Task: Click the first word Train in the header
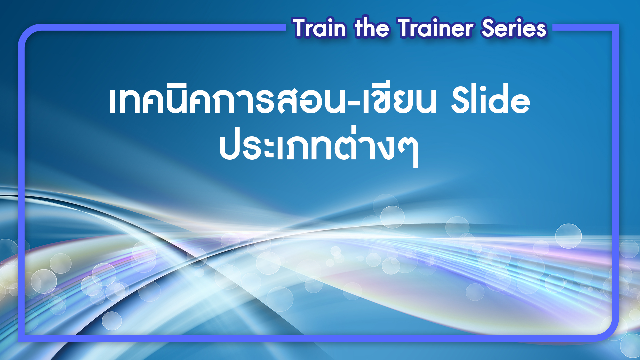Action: point(320,28)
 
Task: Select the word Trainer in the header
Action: point(436,28)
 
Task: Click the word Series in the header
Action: point(514,28)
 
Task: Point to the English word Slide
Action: point(490,99)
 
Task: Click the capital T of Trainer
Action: point(407,28)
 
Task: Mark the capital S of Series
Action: point(489,28)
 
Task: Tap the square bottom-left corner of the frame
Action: point(21,338)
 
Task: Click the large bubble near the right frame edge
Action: point(568,236)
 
